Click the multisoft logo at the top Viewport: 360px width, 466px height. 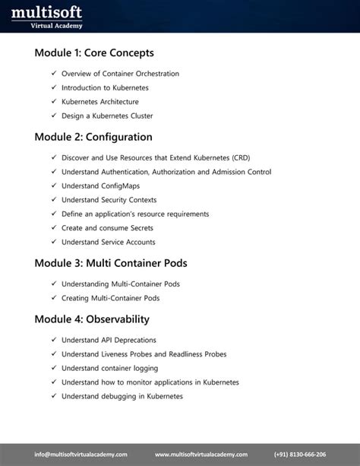[x=46, y=16]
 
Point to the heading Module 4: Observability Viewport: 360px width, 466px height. [x=92, y=319]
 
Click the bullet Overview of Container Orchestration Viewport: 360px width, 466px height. [x=120, y=74]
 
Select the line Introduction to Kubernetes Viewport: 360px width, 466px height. [x=105, y=87]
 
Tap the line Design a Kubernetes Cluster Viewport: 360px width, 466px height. [x=107, y=116]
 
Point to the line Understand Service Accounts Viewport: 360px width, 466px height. [x=108, y=242]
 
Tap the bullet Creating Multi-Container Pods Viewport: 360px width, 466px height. [x=110, y=298]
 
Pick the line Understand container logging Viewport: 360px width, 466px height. [x=109, y=368]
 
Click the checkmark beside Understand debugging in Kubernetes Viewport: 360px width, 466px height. [x=54, y=396]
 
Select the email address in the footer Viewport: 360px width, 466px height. [x=75, y=454]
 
